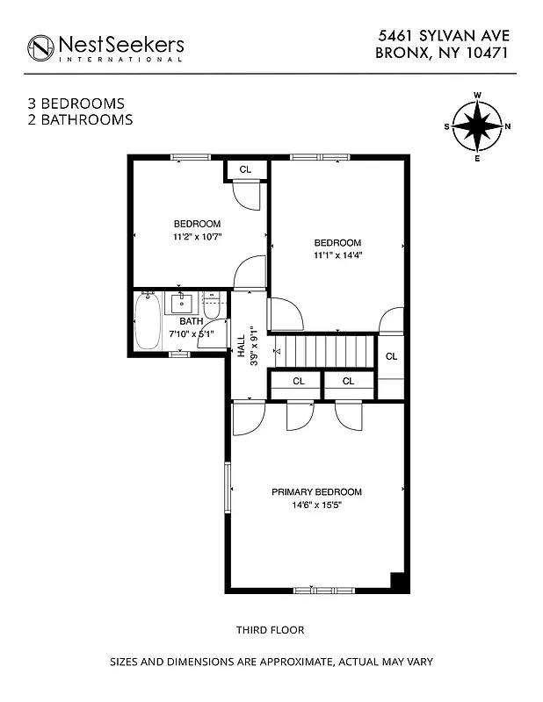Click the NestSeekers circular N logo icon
click(x=40, y=47)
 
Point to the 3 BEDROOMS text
click(x=76, y=104)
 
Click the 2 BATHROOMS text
click(x=80, y=119)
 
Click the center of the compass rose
click(x=477, y=125)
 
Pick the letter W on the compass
click(x=477, y=94)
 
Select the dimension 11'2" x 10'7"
click(x=197, y=237)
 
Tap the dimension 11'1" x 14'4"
click(x=338, y=255)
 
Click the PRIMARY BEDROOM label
click(x=316, y=492)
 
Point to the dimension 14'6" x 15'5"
click(x=316, y=505)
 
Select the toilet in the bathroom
click(x=211, y=307)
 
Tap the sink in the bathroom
click(x=182, y=304)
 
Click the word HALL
click(x=241, y=343)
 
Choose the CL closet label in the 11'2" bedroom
click(x=245, y=168)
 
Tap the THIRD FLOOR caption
click(x=270, y=630)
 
